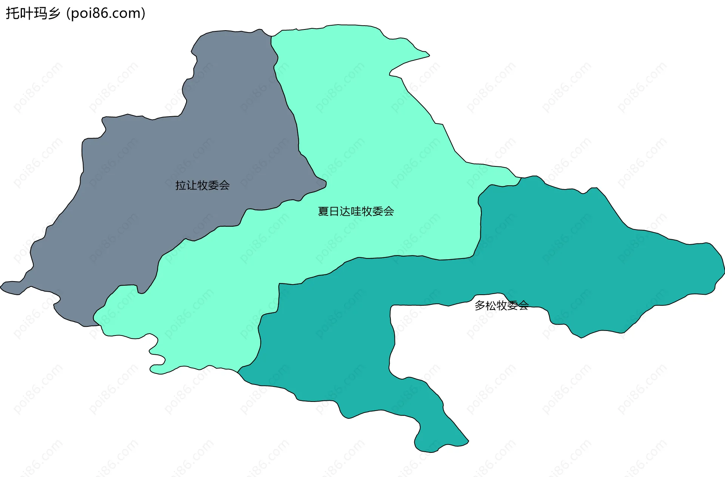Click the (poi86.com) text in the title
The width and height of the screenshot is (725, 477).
(106, 14)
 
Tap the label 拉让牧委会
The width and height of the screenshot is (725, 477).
(202, 185)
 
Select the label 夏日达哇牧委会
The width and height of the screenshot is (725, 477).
(356, 211)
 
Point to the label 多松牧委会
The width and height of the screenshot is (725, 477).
(501, 305)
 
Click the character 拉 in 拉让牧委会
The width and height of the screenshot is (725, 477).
(180, 185)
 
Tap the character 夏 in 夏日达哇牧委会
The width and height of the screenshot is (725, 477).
(323, 211)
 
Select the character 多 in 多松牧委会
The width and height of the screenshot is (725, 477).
(480, 305)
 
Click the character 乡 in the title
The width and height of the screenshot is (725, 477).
(54, 14)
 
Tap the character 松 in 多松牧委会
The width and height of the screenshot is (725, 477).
(491, 305)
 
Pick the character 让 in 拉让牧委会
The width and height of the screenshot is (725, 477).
(191, 185)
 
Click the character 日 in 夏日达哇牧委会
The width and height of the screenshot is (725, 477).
(334, 211)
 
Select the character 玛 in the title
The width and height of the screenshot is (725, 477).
(40, 14)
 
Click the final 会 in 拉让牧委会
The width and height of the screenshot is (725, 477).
(224, 185)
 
